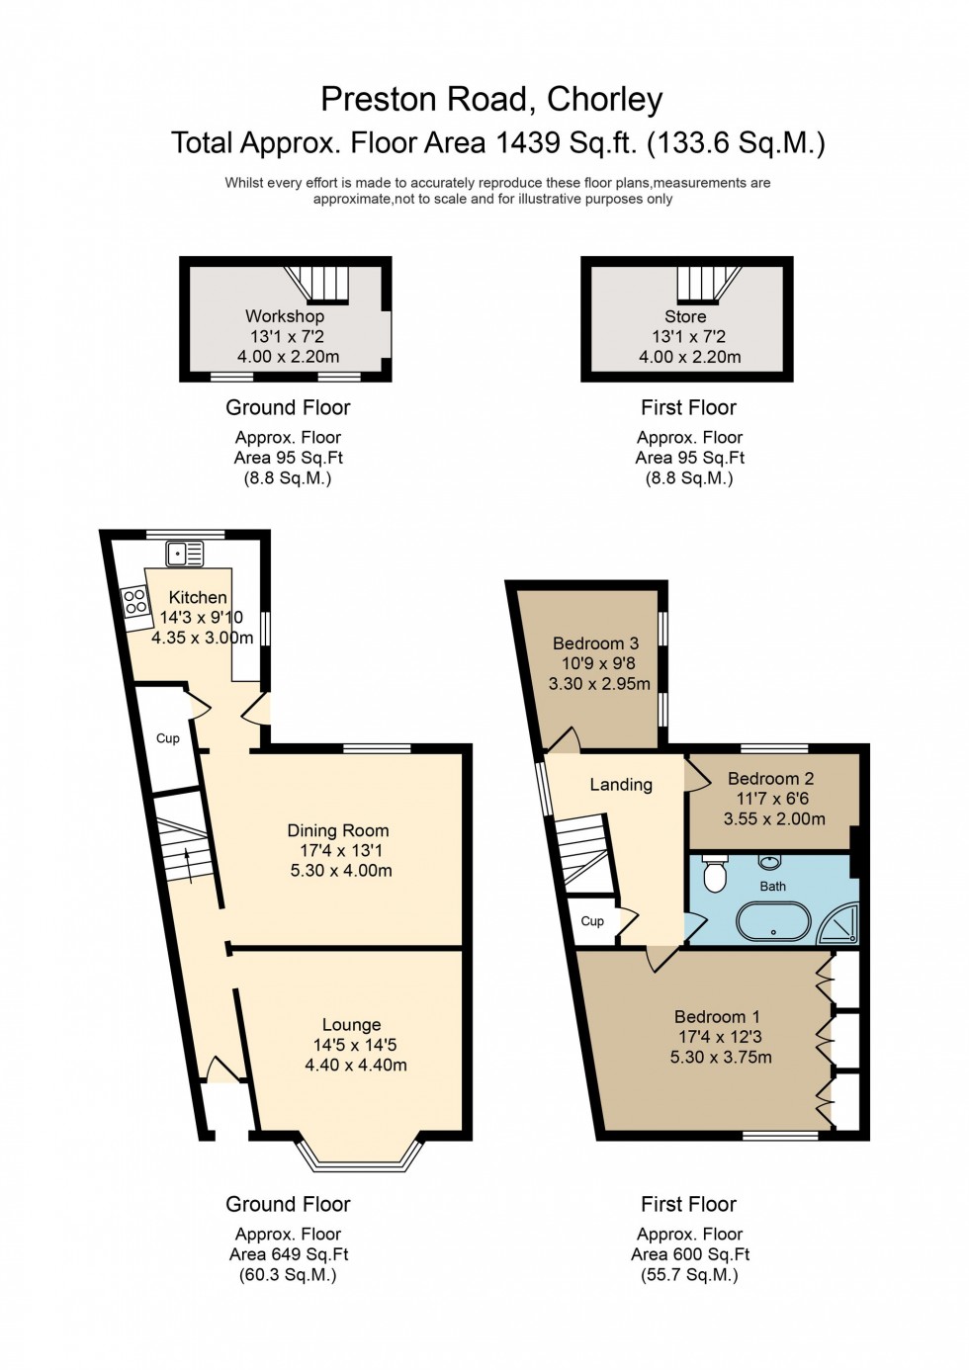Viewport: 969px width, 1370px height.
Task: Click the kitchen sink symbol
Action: tap(184, 554)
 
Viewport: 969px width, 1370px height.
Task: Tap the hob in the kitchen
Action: tap(135, 602)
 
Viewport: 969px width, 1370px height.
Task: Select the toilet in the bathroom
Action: tap(714, 875)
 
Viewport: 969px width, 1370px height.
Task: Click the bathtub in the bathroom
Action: tap(772, 923)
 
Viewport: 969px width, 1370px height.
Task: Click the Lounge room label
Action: tap(351, 1025)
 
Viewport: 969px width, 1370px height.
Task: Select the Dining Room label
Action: tap(338, 830)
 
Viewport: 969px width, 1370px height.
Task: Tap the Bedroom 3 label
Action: tap(595, 643)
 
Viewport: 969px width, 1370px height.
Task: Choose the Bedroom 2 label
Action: tap(770, 778)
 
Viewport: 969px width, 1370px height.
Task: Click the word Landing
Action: tap(621, 785)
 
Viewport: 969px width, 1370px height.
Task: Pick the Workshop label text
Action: tap(285, 316)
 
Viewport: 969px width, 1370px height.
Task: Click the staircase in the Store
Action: tap(708, 284)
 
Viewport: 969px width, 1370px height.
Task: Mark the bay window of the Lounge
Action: tap(360, 1156)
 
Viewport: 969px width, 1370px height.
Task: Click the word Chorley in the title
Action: tap(604, 99)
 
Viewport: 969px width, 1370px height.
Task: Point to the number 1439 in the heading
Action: tap(527, 143)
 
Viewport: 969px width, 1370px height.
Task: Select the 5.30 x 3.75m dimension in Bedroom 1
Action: tap(721, 1057)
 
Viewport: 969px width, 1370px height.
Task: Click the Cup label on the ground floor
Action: tap(168, 738)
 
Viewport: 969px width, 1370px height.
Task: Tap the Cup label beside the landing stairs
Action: tap(592, 921)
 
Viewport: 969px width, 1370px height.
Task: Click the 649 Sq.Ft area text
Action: tap(289, 1254)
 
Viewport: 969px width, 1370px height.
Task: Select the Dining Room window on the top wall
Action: tap(377, 748)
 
